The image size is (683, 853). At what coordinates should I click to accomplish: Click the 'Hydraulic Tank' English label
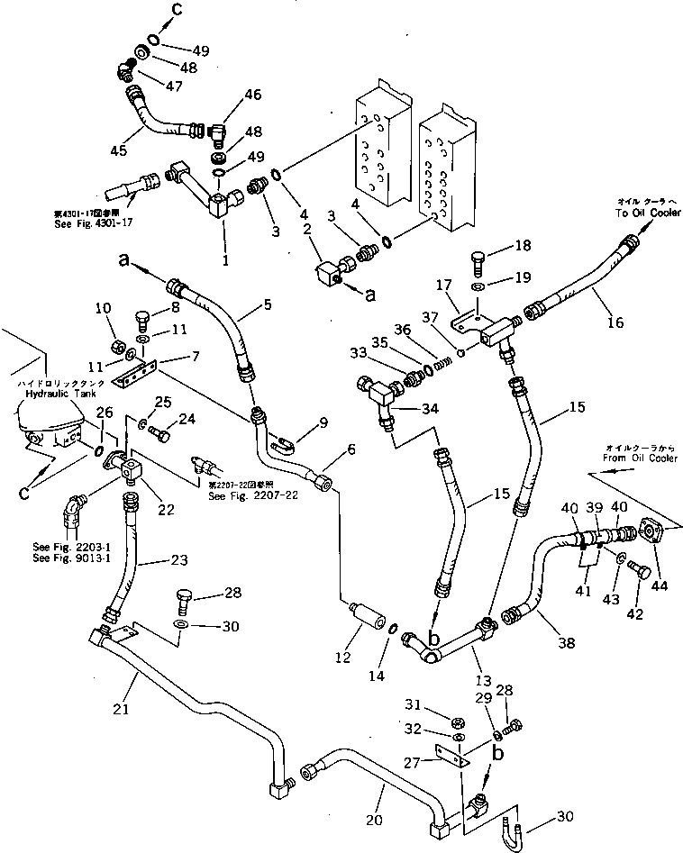[x=45, y=393]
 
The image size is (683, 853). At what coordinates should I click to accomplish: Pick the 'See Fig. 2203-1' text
[x=64, y=548]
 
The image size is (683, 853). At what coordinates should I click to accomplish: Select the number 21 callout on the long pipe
[x=122, y=709]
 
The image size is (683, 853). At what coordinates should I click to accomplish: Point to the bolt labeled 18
[x=478, y=263]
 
